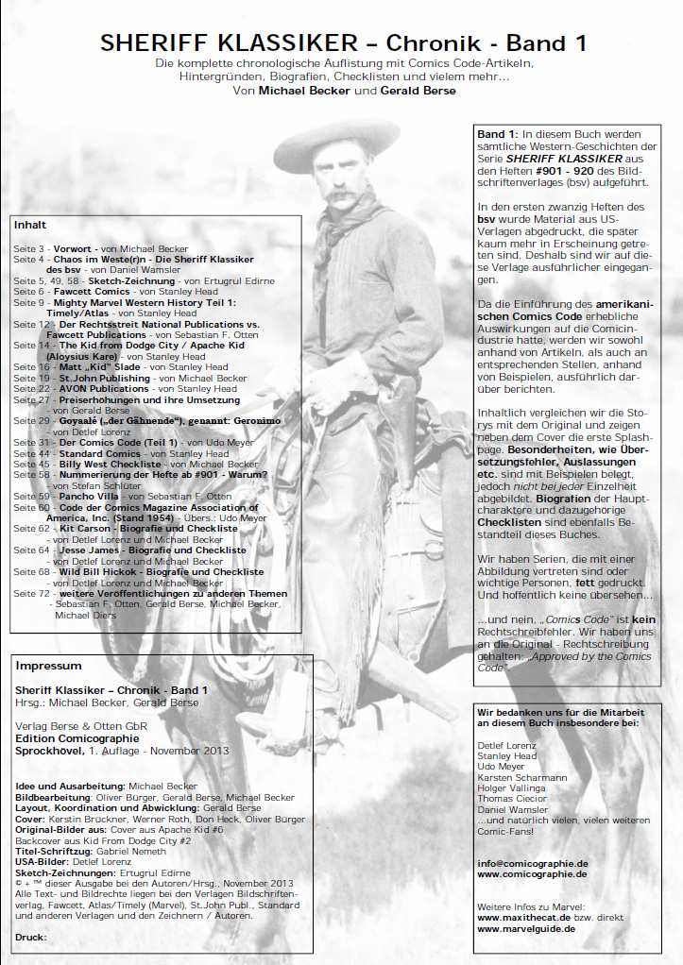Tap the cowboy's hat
[336, 133]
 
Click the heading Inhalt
[29, 226]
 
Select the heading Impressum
[43, 666]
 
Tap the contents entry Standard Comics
[98, 453]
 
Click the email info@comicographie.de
[532, 863]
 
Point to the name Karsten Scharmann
[522, 777]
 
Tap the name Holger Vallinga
[518, 787]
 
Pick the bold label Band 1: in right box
[498, 135]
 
